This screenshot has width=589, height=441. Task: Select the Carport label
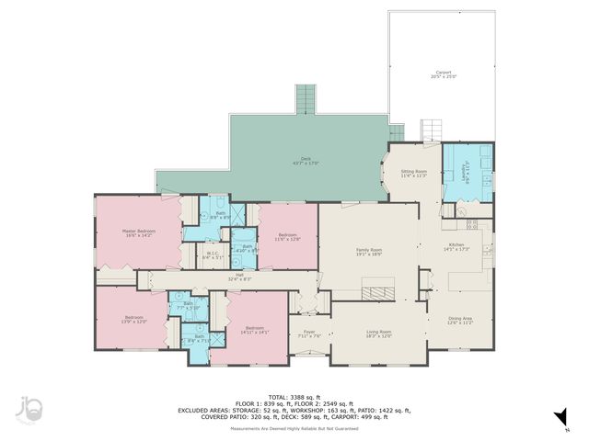click(444, 74)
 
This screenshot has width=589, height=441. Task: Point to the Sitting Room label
click(414, 173)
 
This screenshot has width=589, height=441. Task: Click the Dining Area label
click(460, 321)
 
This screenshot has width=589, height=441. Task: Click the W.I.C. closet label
click(213, 256)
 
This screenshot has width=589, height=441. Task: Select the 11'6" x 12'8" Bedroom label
click(289, 237)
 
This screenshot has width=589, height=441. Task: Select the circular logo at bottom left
click(31, 411)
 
